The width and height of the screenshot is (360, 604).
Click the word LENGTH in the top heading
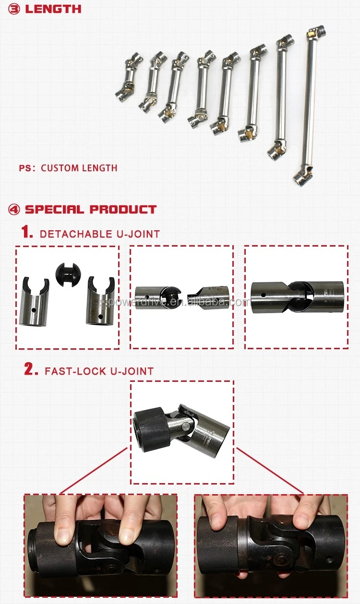[x=53, y=9]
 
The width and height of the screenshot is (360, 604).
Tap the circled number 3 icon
[x=14, y=10]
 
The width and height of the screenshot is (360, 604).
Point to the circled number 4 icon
[x=14, y=210]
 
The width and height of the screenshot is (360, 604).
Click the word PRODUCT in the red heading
[x=123, y=210]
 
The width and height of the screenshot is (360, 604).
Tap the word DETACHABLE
[x=76, y=234]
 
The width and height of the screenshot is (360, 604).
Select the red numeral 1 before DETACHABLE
[x=26, y=232]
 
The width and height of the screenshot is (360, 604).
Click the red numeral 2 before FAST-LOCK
[x=31, y=369]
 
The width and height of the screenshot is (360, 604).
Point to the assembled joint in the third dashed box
[x=298, y=297]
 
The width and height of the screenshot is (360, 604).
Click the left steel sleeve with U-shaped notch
[x=34, y=301]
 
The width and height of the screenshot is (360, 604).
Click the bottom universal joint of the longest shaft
[x=303, y=177]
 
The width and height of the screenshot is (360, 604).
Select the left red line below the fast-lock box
[x=94, y=471]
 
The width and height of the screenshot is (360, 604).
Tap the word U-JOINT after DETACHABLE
[x=138, y=234]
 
